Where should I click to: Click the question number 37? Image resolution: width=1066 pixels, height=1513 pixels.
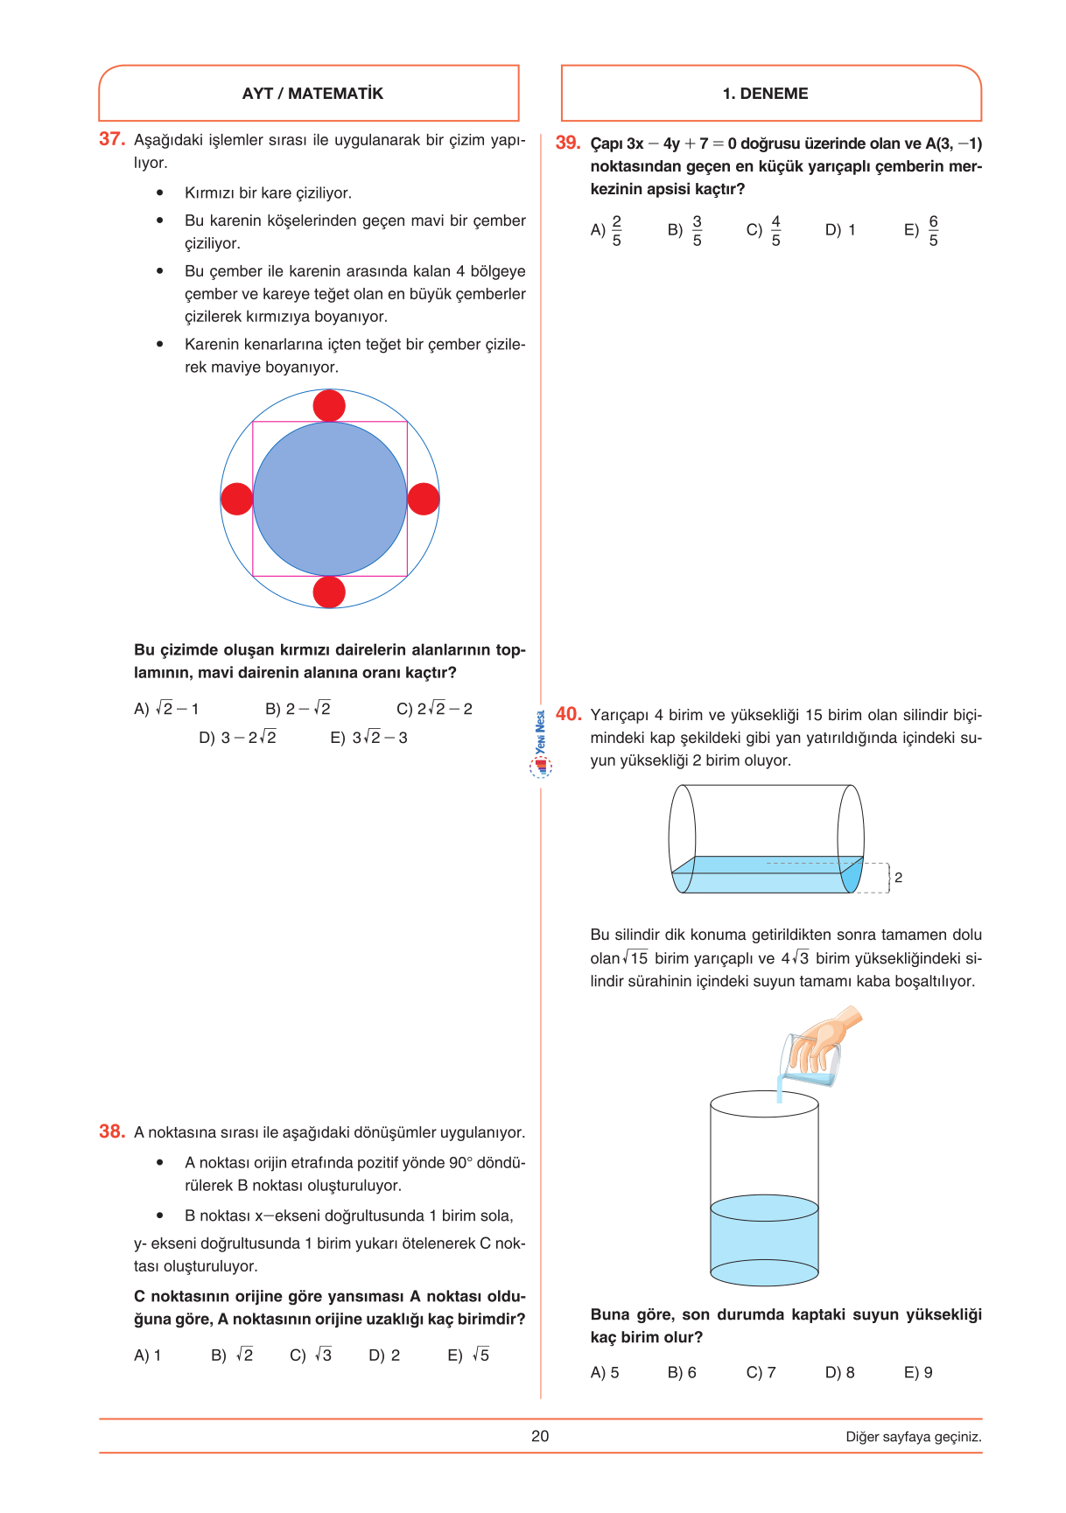112,139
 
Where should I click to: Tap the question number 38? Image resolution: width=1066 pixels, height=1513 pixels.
112,1131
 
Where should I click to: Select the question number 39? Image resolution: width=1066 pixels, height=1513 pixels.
568,143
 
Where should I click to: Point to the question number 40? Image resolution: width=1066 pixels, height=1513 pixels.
569,714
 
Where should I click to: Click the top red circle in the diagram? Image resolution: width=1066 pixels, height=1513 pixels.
329,406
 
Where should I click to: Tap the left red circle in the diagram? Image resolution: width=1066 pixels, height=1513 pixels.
236,499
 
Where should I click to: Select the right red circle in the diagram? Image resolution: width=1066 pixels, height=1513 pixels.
424,499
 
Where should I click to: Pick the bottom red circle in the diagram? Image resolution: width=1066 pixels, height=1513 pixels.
329,592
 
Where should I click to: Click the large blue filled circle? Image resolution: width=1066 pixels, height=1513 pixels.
330,499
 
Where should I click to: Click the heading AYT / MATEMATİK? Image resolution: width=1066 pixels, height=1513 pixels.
312,94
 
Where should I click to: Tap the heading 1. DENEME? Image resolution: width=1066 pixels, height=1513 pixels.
765,94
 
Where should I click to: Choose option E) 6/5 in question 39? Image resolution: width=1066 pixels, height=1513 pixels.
922,231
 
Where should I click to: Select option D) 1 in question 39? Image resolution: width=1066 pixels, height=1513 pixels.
840,231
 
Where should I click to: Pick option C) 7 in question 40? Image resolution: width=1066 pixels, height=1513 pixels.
761,1372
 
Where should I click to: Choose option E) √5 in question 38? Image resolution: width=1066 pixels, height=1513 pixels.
468,1355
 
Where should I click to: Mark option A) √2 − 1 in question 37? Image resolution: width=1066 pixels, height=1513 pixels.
166,709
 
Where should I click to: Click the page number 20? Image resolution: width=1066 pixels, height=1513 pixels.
540,1436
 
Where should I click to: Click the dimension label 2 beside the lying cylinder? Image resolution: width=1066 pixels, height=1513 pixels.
898,878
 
